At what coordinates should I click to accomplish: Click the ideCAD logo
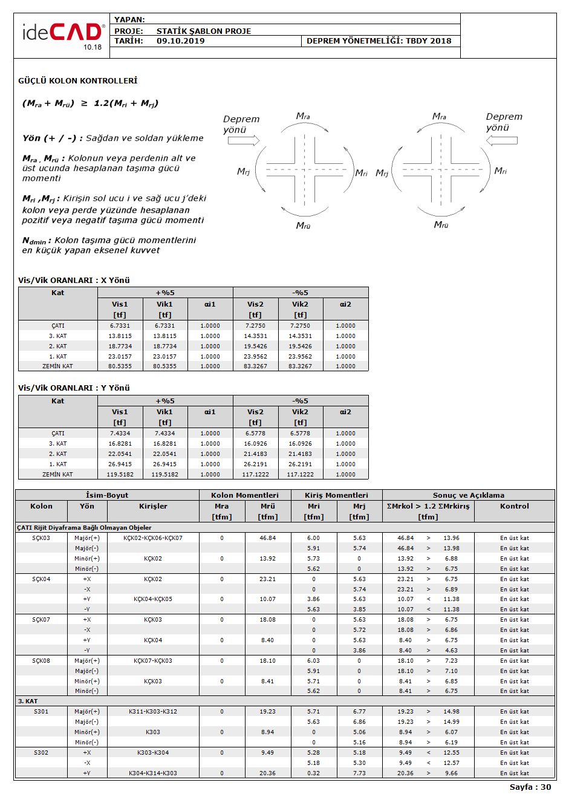(x=62, y=35)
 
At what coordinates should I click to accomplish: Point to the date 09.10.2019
(x=180, y=41)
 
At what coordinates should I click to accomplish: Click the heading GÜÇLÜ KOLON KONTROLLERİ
(x=77, y=80)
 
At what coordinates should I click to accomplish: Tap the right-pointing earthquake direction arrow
(x=244, y=140)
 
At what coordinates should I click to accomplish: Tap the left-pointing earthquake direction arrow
(x=501, y=140)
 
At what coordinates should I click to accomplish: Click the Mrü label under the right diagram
(x=441, y=225)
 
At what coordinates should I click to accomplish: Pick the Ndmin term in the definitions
(x=33, y=241)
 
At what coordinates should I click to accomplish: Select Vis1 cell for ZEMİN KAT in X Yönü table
(x=120, y=366)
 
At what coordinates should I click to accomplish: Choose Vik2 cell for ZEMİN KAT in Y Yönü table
(x=300, y=475)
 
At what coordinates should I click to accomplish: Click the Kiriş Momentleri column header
(x=336, y=495)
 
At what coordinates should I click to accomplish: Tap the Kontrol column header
(x=514, y=506)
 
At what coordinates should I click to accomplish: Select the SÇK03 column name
(x=41, y=538)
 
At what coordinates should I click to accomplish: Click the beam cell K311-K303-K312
(x=153, y=712)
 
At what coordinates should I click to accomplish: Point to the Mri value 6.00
(x=313, y=538)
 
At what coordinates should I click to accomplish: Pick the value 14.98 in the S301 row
(x=451, y=712)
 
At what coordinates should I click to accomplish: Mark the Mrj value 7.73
(x=359, y=773)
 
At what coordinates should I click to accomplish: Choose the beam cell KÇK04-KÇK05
(x=153, y=599)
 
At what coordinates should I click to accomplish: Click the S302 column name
(x=41, y=753)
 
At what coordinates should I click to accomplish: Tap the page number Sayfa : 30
(x=530, y=787)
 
